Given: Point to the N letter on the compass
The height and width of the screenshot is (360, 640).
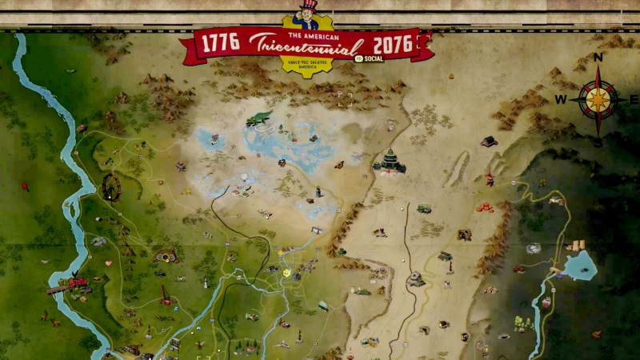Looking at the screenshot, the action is pos(598,57).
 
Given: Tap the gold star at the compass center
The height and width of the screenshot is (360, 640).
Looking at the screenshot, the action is pos(598,99).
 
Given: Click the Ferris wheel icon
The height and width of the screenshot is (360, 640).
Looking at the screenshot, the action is pos(110,187).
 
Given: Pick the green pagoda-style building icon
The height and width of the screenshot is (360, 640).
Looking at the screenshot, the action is pos(390,162).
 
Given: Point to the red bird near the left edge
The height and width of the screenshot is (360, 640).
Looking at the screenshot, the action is pos(25,187).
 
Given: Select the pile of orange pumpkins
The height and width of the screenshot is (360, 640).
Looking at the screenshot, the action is pos(485,207).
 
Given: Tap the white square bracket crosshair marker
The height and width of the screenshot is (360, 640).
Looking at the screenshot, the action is pos(345,99).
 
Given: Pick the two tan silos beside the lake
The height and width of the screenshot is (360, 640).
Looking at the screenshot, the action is pos(576,245).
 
